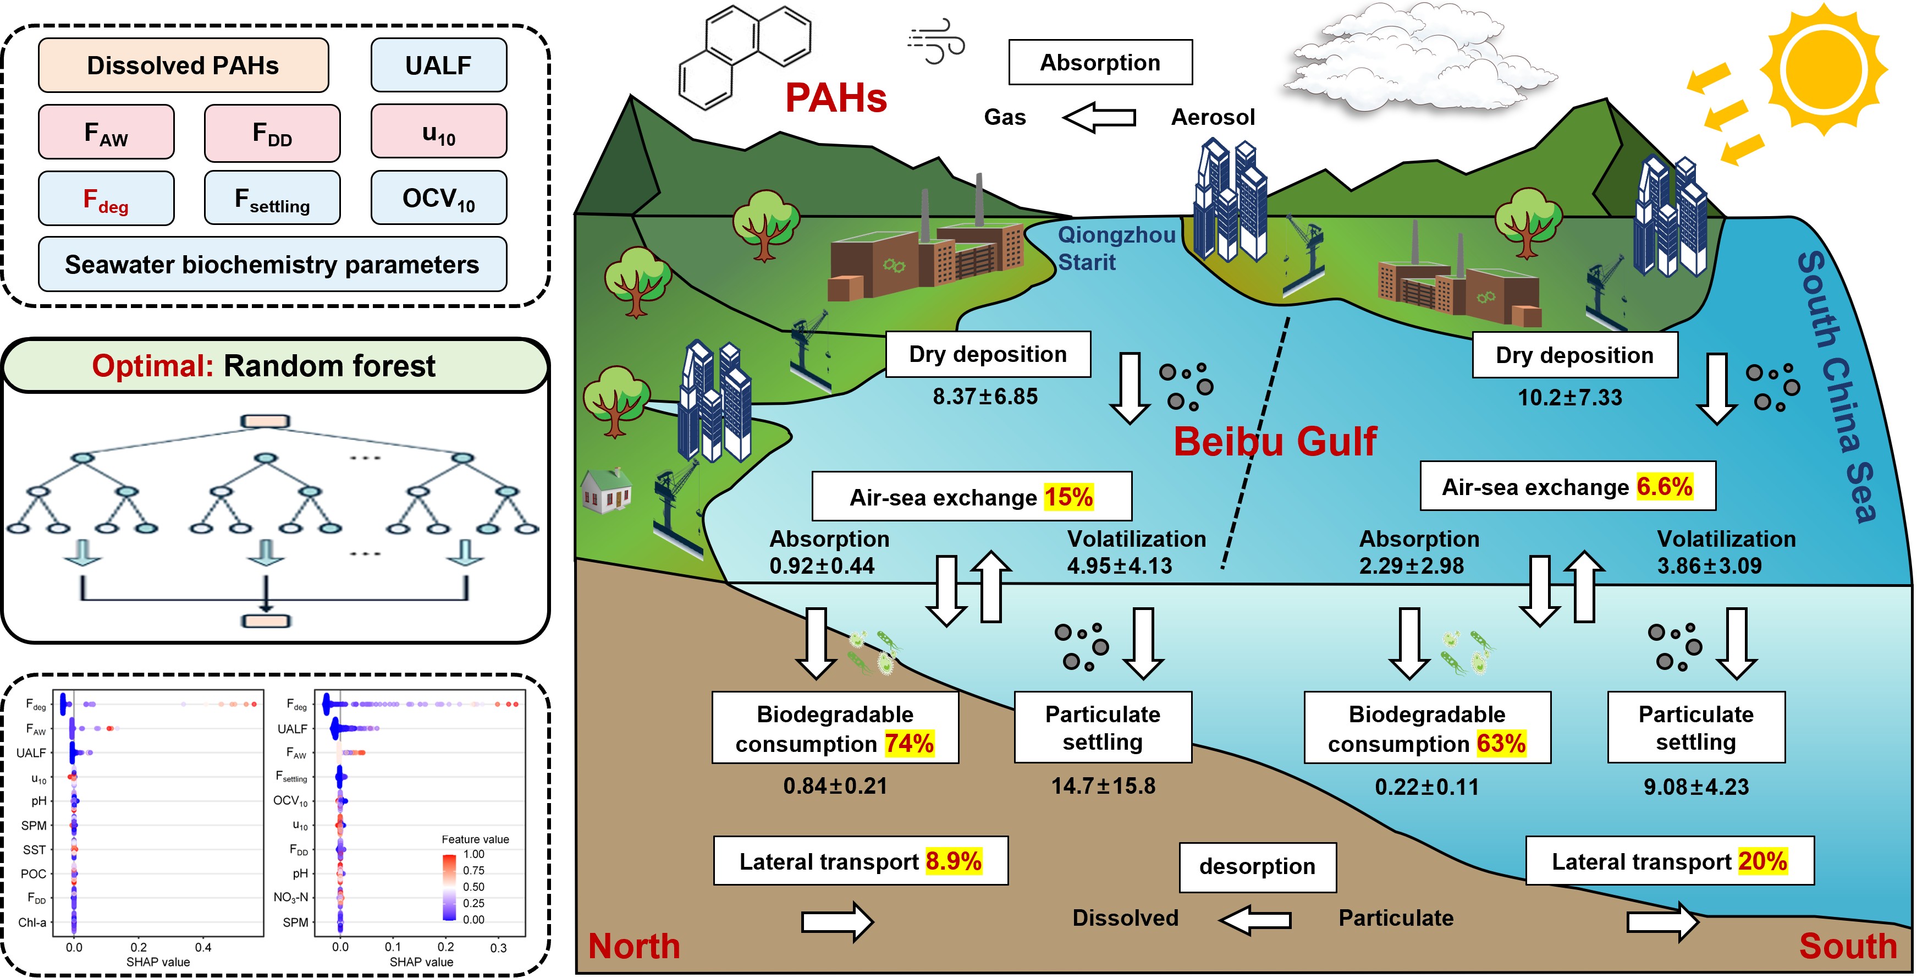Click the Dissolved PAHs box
pos(183,65)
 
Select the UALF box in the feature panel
pos(438,65)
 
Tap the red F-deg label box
pos(107,198)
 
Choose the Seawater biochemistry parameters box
pos(272,264)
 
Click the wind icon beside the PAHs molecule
pos(936,41)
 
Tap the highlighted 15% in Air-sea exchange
pos(1068,497)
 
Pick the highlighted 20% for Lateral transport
pos(1763,861)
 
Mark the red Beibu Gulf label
pos(1275,441)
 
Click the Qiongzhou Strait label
pos(1116,249)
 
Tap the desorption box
pos(1258,867)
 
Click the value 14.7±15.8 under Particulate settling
pos(1103,786)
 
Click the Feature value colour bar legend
pos(449,887)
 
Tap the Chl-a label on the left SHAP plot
pos(32,923)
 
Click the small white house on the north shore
pos(606,491)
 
